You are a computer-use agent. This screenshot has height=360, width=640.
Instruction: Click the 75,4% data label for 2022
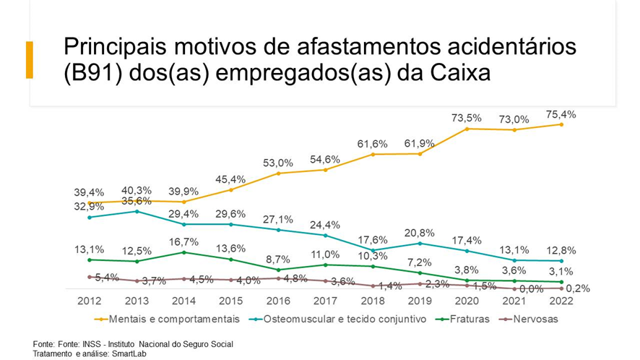click(x=561, y=113)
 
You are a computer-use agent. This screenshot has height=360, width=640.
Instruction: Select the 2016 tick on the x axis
click(x=278, y=301)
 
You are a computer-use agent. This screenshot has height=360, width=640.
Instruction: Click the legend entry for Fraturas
click(x=471, y=318)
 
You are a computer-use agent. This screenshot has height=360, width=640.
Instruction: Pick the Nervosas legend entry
click(x=534, y=318)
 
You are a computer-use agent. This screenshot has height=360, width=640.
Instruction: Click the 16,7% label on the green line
click(x=183, y=241)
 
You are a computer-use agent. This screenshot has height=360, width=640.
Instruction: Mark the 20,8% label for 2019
click(x=420, y=233)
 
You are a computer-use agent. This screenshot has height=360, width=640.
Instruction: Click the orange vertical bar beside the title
click(x=30, y=60)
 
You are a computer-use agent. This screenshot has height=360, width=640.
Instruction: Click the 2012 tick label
click(x=89, y=301)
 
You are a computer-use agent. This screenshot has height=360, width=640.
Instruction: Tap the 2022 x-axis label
click(x=561, y=301)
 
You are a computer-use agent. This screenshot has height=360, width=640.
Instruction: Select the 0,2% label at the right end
click(x=577, y=288)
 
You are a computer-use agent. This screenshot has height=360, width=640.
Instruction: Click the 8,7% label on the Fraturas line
click(x=278, y=259)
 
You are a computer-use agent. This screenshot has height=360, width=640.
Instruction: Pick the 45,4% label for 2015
click(x=231, y=179)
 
